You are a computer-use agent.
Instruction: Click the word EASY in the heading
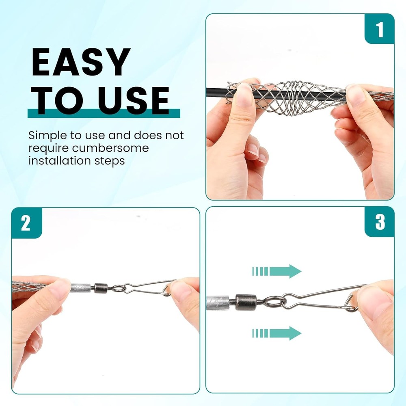(81, 63)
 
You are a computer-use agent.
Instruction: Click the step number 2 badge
(26, 223)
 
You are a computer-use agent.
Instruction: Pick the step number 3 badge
(380, 222)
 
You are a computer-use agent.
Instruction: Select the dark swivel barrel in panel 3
(244, 302)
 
